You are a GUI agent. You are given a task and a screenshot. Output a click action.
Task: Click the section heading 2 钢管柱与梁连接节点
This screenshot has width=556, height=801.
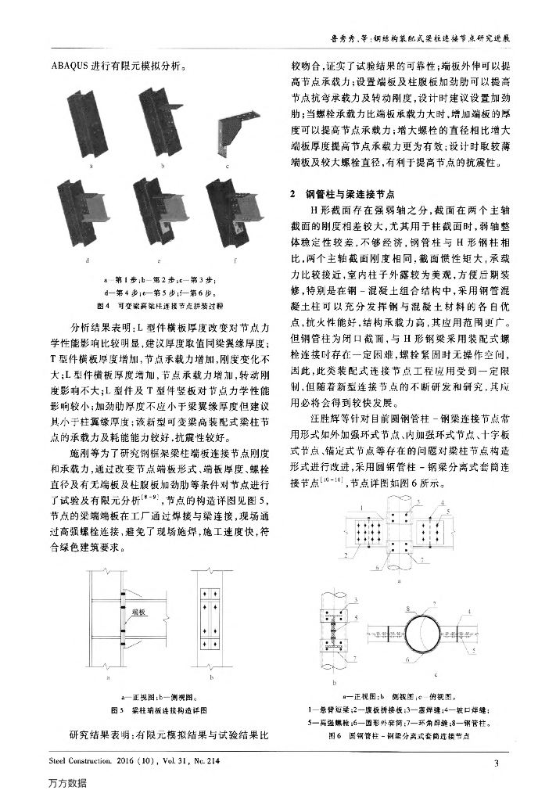tap(340, 192)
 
